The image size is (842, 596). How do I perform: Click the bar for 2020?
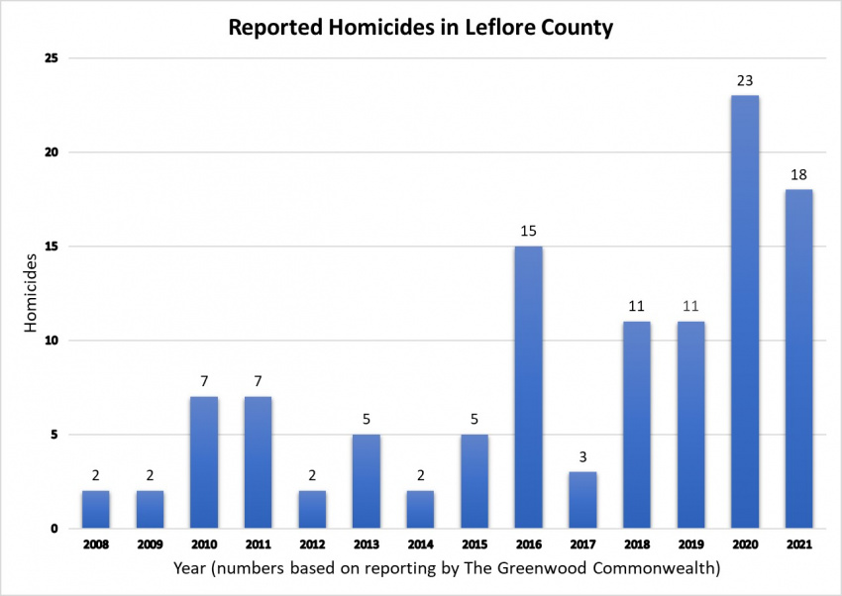pos(745,312)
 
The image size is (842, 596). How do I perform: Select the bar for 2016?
pos(528,387)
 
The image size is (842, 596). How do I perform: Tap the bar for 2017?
pos(582,500)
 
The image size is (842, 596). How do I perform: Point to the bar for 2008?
pos(96,509)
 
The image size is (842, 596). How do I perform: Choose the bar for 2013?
pos(366,481)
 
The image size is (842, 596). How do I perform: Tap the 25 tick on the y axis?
pos(53,58)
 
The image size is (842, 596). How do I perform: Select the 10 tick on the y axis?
pos(53,341)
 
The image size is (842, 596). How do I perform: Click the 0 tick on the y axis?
pos(56,529)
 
